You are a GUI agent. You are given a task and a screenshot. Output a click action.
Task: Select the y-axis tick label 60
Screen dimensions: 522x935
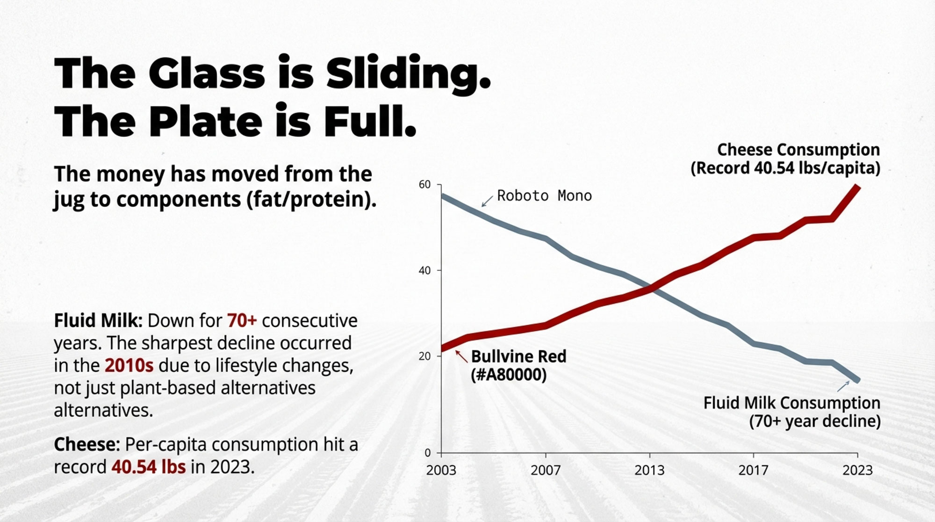424,185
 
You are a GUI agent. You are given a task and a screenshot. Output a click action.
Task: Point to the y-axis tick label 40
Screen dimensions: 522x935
424,271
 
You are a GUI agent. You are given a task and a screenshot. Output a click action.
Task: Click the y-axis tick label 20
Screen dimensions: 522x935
424,356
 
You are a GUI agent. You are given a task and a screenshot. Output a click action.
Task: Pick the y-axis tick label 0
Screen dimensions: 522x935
427,453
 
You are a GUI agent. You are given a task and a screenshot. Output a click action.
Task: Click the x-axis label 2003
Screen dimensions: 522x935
441,470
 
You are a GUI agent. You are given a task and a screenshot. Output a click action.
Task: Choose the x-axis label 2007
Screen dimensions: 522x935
545,470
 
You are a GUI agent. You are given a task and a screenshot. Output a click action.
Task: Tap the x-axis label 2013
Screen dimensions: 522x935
649,470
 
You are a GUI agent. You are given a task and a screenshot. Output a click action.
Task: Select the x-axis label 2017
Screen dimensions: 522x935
753,470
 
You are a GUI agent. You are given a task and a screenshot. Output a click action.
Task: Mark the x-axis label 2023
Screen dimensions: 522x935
857,470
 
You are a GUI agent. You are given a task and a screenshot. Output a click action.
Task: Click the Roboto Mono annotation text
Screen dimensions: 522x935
544,196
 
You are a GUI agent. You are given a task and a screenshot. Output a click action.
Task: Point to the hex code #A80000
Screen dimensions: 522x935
509,375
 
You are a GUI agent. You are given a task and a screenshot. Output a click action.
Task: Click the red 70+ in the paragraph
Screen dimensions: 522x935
242,321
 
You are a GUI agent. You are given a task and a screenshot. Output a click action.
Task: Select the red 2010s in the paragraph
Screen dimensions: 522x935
129,365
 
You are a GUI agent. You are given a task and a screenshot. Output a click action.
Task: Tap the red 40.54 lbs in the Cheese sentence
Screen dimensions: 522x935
148,467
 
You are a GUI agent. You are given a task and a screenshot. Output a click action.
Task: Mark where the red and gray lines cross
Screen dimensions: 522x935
653,289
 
